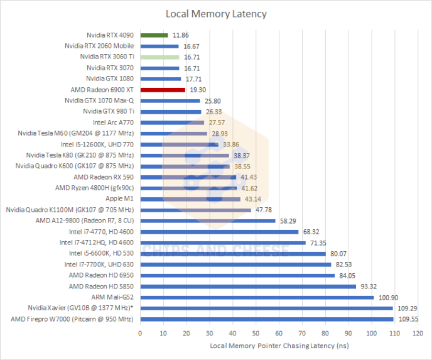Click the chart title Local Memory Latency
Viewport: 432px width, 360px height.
tap(216, 13)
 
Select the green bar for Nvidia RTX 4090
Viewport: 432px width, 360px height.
tap(154, 35)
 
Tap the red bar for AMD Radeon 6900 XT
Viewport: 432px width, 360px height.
tap(162, 90)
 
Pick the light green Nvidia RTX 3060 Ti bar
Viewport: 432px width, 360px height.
tap(159, 57)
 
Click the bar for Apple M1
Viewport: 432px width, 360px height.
tap(190, 199)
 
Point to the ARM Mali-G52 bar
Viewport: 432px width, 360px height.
tap(257, 297)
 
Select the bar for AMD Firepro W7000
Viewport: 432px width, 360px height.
tap(267, 319)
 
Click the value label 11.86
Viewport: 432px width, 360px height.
tap(180, 35)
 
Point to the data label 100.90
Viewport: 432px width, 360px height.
tap(388, 297)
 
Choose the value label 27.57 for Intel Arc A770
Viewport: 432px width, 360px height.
tap(217, 123)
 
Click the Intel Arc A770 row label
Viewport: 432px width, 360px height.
tap(113, 123)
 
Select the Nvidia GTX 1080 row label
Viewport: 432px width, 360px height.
tap(110, 79)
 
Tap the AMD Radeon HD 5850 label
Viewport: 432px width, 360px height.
tap(101, 286)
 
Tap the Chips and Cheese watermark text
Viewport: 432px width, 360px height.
tap(215, 251)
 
